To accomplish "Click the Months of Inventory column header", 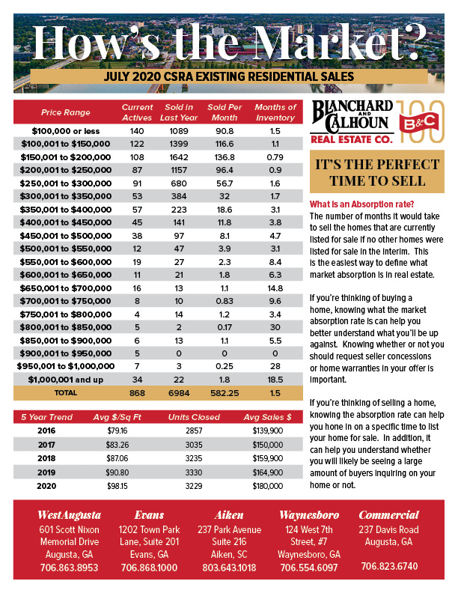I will (x=275, y=112).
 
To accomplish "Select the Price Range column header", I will (x=65, y=113).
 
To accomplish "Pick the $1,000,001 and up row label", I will (x=65, y=380).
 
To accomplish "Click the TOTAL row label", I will (x=65, y=392).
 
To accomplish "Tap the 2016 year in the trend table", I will (x=46, y=431).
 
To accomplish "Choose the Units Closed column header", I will (x=195, y=417).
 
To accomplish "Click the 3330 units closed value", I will (x=195, y=471).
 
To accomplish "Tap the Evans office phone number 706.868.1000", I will (x=150, y=568).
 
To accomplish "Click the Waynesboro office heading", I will (x=309, y=515).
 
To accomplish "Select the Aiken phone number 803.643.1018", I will (x=230, y=568).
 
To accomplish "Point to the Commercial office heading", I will (x=388, y=515).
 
